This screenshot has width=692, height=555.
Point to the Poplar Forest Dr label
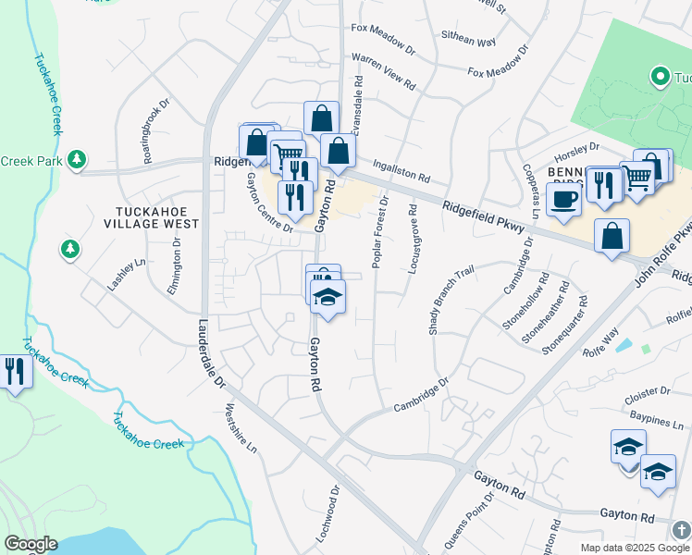click(x=380, y=232)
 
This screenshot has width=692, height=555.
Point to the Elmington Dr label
click(x=176, y=266)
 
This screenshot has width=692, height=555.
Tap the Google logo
click(x=31, y=544)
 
